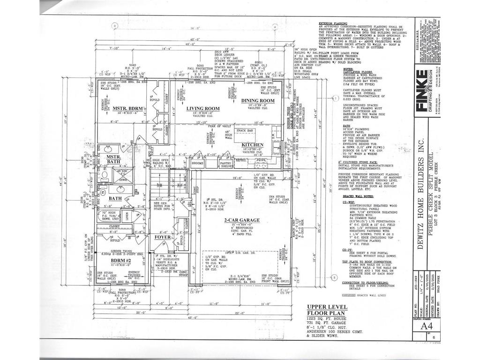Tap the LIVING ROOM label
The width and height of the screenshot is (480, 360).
pyautogui.click(x=203, y=108)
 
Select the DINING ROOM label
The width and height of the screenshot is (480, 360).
pyautogui.click(x=258, y=101)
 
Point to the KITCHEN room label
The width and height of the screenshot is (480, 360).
pyautogui.click(x=252, y=145)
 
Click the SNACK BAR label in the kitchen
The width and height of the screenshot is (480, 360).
pyautogui.click(x=244, y=130)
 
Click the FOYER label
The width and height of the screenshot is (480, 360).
pyautogui.click(x=163, y=237)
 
